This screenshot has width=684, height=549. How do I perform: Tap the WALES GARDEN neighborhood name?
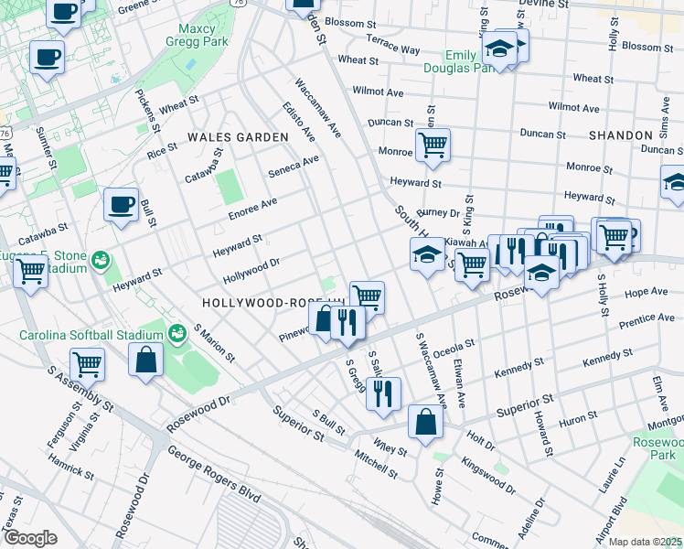coord(237,137)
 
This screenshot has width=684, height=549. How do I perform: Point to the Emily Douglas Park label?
coord(454,61)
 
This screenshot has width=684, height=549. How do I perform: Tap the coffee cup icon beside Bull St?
coord(120,205)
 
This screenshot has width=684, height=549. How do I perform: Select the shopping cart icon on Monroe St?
coord(433,144)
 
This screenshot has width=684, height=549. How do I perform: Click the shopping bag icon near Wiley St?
coord(425,422)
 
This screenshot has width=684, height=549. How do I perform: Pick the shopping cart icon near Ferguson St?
coord(87,363)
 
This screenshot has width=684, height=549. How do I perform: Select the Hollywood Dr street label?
coord(251,272)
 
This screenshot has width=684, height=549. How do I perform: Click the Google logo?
coord(30,538)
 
